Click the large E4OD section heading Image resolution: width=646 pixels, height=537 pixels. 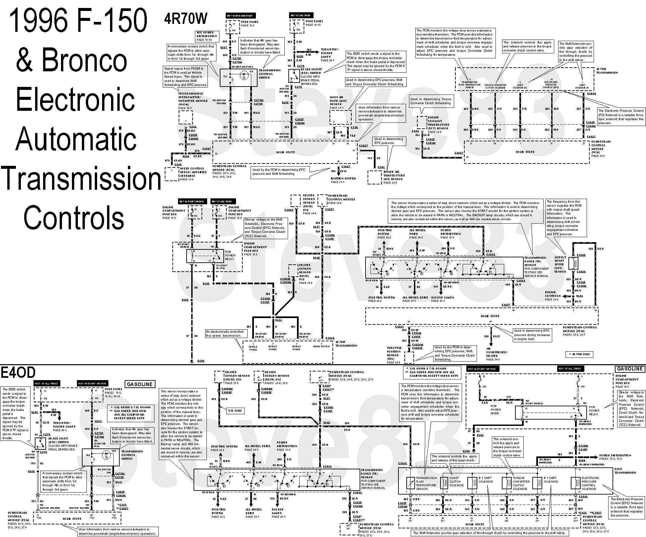tap(18, 373)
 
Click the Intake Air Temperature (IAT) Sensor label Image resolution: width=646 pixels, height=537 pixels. tap(394, 177)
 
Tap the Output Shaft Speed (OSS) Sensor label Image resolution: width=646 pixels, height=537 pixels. tap(560, 264)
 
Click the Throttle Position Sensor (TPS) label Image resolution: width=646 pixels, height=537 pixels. tap(394, 355)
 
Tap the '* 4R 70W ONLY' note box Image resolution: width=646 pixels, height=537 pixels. tap(579, 354)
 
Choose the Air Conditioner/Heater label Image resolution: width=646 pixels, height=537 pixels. tap(497, 354)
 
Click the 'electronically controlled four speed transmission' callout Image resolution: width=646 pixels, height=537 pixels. tap(225, 333)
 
